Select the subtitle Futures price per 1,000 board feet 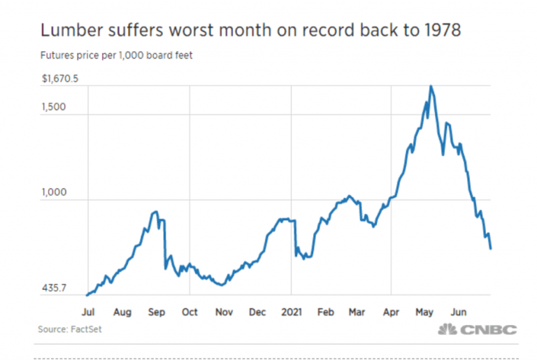point(117,55)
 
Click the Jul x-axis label point(89,312)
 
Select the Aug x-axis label point(122,312)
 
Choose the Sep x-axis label point(157,312)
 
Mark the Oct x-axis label point(189,312)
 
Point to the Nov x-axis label point(224,312)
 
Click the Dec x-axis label point(257,312)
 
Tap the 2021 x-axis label point(291,312)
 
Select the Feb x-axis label point(325,312)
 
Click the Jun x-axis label point(459,312)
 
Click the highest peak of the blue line point(431,87)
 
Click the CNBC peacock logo point(447,330)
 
